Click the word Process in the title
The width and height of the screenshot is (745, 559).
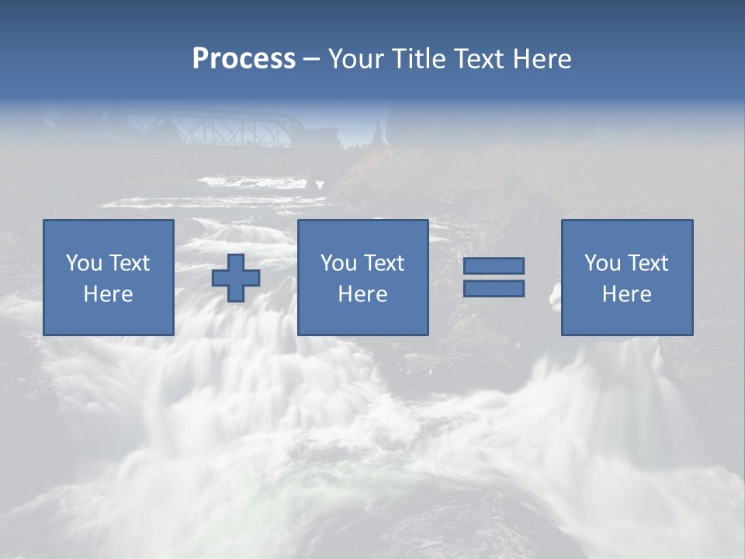[x=244, y=59]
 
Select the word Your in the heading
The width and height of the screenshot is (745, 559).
[x=357, y=59]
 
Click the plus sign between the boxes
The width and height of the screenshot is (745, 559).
[x=236, y=278]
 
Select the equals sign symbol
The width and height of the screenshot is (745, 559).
[x=494, y=277]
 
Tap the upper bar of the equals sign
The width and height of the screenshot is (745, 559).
[x=494, y=266]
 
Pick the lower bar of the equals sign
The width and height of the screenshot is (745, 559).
[x=494, y=289]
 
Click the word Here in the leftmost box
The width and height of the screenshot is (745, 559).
[x=109, y=294]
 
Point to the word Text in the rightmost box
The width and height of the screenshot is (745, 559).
[x=649, y=263]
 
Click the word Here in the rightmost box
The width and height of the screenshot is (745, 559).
[x=627, y=294]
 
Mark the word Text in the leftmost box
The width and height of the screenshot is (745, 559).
[x=130, y=263]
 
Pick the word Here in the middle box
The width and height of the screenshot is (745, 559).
[x=362, y=294]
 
